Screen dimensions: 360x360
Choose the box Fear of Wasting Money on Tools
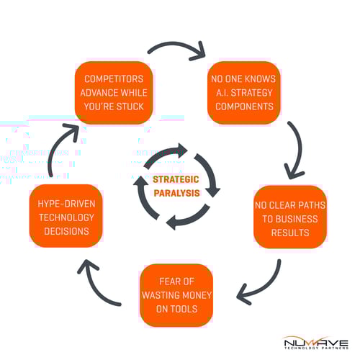(x=176, y=295)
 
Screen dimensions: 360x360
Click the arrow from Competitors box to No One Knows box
(x=176, y=53)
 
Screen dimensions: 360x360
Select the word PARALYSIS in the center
(x=176, y=192)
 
